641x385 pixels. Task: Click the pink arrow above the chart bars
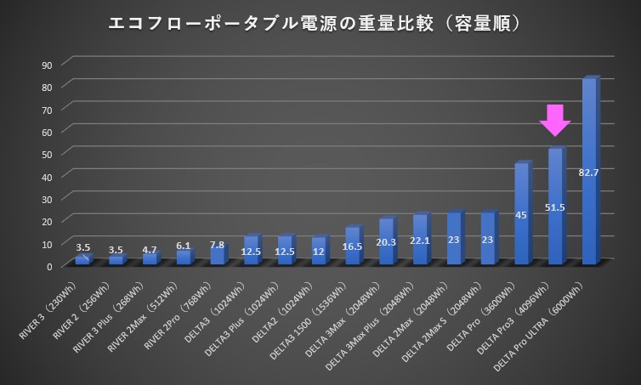(x=554, y=120)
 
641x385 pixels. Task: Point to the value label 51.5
(x=555, y=206)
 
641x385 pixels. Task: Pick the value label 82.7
(x=588, y=173)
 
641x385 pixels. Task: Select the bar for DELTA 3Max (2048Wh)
(x=386, y=242)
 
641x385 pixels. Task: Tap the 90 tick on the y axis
(x=47, y=65)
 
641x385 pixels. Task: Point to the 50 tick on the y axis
(x=47, y=154)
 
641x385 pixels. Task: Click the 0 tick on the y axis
(x=49, y=266)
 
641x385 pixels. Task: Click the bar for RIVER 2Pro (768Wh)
(x=218, y=255)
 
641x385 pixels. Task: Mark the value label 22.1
(x=420, y=241)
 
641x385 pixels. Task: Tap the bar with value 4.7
(x=150, y=258)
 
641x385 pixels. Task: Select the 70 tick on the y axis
(x=47, y=110)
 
